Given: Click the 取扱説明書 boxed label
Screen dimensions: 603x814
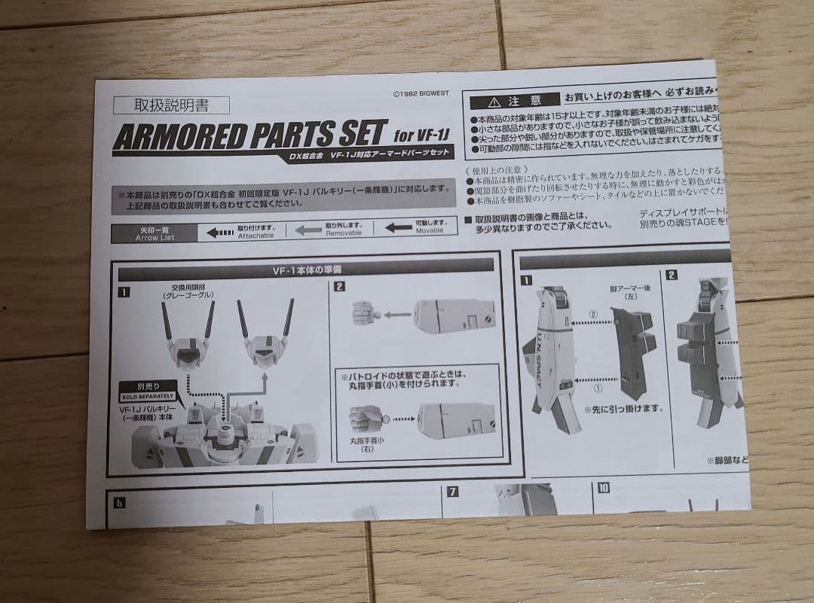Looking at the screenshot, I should click(170, 105).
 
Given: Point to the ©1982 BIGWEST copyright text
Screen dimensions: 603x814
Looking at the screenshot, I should click(427, 95).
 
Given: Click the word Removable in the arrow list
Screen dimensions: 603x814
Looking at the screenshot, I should click(344, 233).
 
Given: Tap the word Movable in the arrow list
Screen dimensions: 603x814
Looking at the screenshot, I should click(430, 230).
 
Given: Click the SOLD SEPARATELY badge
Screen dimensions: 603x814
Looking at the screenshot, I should click(147, 395).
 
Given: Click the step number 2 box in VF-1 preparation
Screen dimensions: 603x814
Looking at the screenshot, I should click(340, 286).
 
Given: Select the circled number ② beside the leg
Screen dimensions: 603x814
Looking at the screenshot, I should click(593, 314).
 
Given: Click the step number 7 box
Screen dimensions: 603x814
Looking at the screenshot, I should click(453, 492).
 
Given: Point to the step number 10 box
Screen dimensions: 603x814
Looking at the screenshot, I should click(603, 488).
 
